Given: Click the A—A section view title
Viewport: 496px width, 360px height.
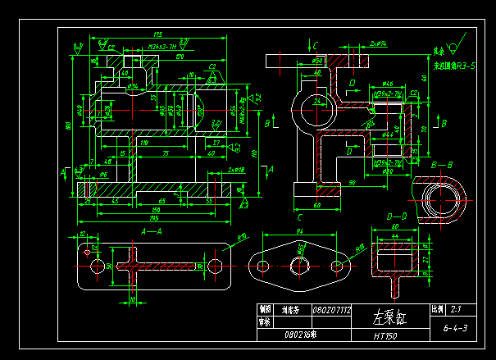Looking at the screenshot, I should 153,231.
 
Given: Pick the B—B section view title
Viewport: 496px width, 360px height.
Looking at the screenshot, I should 442,165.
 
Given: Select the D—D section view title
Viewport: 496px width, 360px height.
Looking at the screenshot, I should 397,215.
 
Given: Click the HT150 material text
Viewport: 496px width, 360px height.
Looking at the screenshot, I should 385,335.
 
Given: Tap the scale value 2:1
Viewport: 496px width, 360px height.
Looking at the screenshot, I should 456,310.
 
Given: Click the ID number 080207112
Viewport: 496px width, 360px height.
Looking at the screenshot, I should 331,311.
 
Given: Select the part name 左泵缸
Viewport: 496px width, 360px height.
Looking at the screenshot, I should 390,317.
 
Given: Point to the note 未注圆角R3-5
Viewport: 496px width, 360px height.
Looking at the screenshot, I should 454,64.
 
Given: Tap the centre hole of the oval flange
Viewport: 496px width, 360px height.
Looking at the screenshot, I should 298,266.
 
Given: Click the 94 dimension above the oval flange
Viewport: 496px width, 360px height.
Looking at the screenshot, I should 299,233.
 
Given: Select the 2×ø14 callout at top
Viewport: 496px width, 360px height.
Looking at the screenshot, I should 378,41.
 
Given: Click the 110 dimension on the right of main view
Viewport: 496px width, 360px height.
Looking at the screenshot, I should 254,153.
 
